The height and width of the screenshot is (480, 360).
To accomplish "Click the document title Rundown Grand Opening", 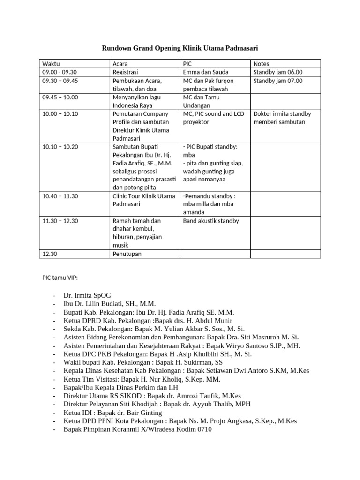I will tap(180, 48).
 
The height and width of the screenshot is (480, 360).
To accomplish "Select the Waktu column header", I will tap(51, 64).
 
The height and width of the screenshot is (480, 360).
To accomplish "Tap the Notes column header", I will tap(261, 64).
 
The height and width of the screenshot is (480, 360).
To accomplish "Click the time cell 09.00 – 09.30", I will tap(59, 72).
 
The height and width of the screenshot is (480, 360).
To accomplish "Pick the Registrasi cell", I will tap(125, 72).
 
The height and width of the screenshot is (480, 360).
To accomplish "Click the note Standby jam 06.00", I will tap(278, 72).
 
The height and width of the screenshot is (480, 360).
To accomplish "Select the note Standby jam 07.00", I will tap(278, 81).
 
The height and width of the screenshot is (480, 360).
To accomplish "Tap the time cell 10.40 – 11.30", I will tap(60, 196).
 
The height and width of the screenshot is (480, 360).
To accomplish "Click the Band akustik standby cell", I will tap(211, 221).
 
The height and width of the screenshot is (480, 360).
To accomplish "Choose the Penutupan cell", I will tap(127, 254).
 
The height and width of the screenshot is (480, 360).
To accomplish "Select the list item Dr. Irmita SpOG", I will tap(88, 295).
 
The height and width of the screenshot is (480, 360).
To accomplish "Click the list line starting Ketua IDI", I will tap(112, 412).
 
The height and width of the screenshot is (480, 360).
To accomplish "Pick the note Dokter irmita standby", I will tap(282, 114).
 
